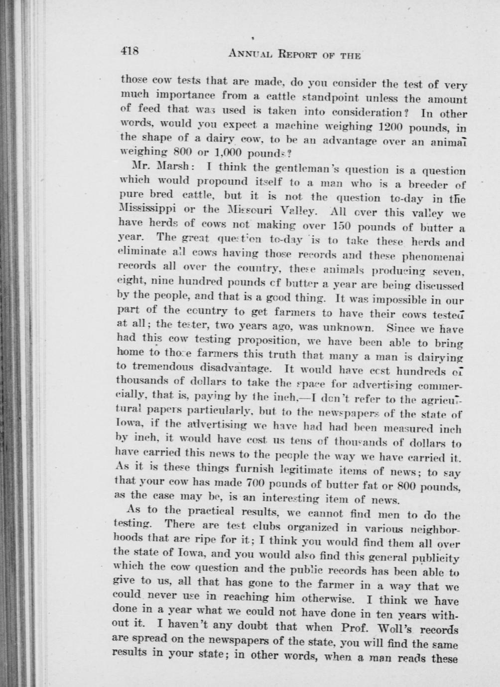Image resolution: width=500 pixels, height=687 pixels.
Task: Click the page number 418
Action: [131, 51]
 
